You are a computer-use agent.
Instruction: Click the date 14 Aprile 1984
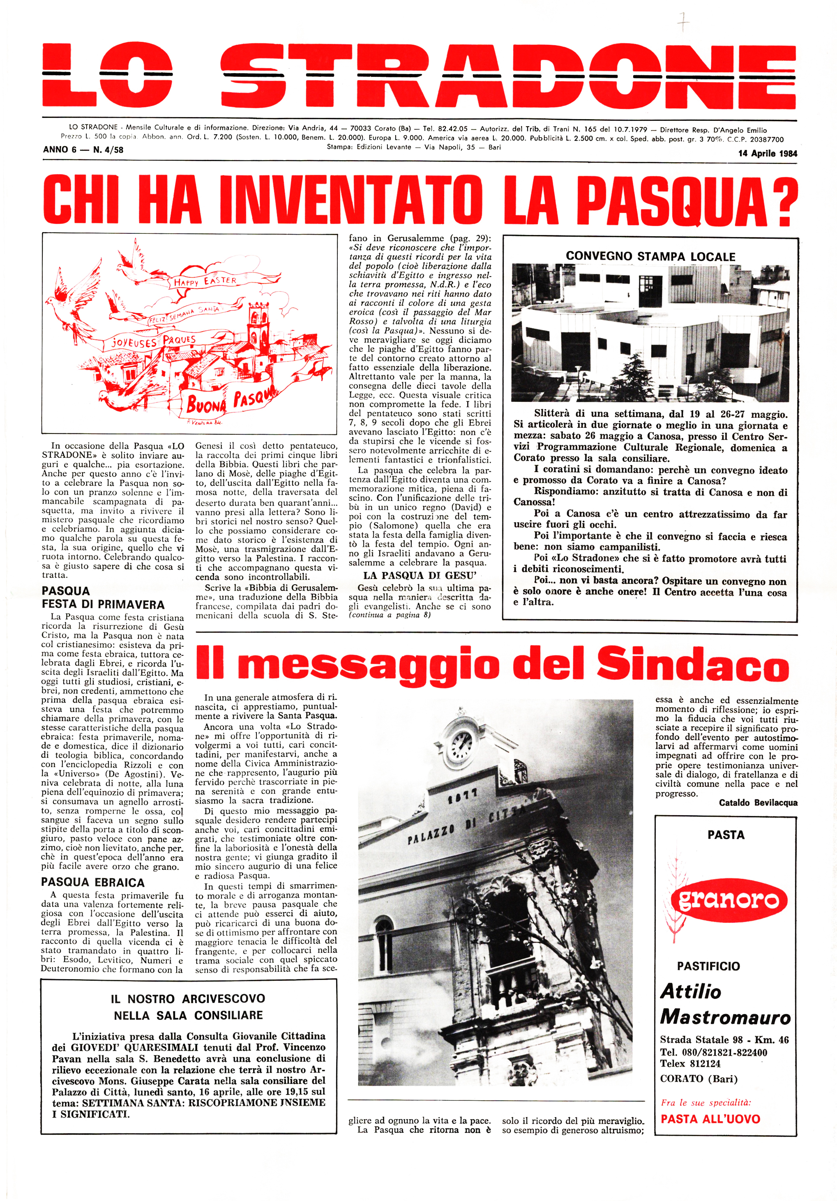click(x=768, y=153)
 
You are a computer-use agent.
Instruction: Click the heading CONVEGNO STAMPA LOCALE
click(x=650, y=256)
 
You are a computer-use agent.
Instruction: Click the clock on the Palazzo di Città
click(x=461, y=742)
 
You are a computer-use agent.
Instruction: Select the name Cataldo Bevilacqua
click(x=758, y=802)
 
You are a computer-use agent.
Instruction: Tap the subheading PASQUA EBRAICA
click(x=92, y=883)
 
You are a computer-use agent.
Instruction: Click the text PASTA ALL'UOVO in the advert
click(x=710, y=1119)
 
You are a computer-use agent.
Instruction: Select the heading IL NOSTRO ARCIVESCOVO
click(x=188, y=998)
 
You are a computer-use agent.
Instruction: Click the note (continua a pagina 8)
click(x=390, y=615)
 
